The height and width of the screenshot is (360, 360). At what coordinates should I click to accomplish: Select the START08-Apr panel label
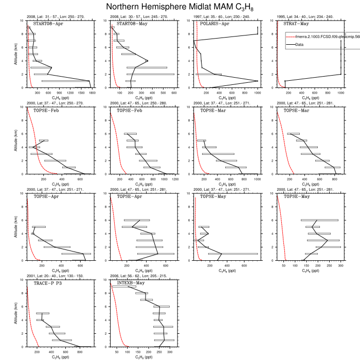(48, 24)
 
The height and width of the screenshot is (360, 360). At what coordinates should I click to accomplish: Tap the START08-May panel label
(131, 24)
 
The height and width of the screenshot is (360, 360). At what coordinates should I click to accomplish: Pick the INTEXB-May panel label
(131, 283)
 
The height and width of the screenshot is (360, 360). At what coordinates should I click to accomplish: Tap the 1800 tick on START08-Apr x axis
(92, 93)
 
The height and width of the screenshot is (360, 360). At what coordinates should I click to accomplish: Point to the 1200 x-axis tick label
(174, 179)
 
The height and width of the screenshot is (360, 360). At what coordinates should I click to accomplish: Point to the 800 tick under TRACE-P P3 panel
(79, 352)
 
